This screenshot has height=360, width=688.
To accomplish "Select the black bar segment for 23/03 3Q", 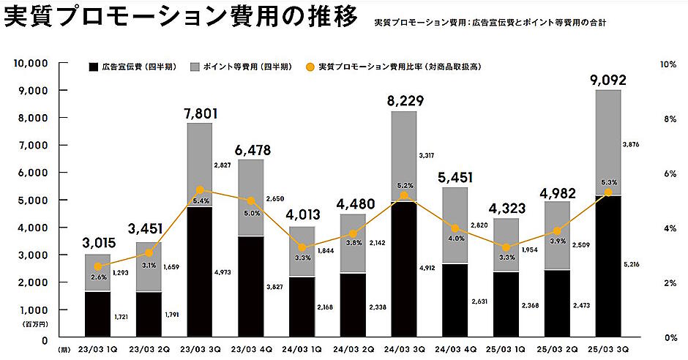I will click(x=200, y=273).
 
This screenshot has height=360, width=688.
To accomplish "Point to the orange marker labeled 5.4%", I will click(x=200, y=190).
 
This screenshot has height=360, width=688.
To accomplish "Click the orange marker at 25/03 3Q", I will click(x=607, y=192).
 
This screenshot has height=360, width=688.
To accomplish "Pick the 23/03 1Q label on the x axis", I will click(x=97, y=350).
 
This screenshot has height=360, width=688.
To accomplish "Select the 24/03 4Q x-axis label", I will click(x=455, y=350).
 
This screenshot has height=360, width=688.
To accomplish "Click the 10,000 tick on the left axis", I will click(x=31, y=64).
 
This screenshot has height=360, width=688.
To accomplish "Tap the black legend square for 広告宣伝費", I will click(x=93, y=67).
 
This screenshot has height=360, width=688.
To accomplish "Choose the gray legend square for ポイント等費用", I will click(x=196, y=67).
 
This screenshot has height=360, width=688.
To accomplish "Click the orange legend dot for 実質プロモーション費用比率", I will click(x=310, y=67).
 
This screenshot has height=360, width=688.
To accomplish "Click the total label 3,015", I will click(x=97, y=243).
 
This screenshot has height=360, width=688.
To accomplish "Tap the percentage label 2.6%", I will click(x=98, y=277).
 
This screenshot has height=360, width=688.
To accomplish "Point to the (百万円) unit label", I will click(x=36, y=323).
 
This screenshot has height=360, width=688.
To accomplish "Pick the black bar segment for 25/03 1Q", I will click(x=506, y=306).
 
